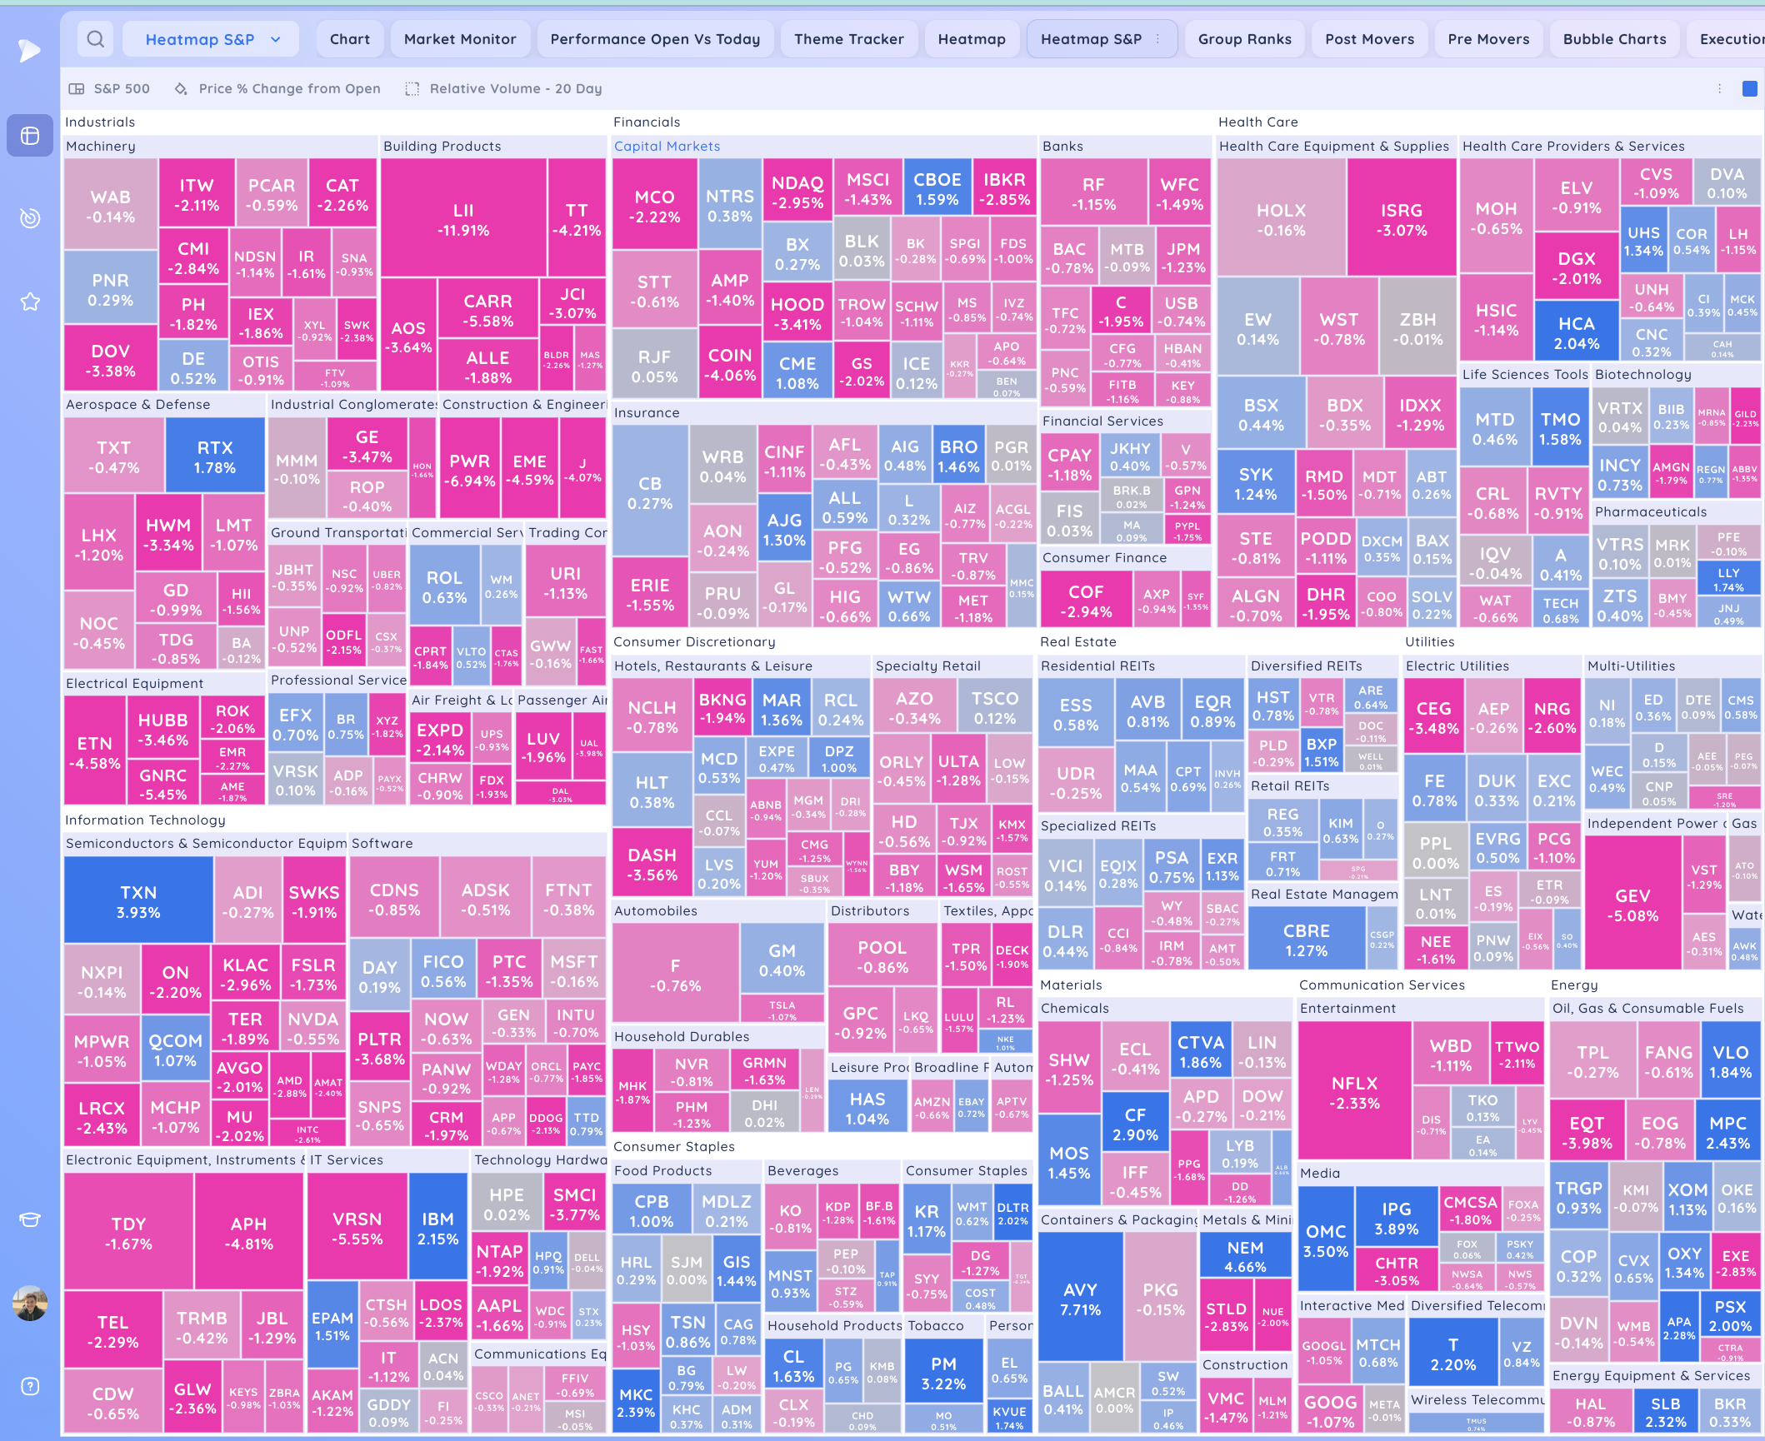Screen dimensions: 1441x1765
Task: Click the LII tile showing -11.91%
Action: pos(463,220)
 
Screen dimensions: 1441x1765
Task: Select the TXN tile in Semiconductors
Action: pos(138,902)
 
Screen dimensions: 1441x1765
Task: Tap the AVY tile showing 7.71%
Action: pos(1080,1299)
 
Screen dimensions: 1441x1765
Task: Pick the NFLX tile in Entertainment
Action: pos(1355,1093)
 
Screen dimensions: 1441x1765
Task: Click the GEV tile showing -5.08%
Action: pos(1632,905)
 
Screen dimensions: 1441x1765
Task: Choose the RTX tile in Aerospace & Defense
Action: pos(215,457)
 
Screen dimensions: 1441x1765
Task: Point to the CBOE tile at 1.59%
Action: pos(937,189)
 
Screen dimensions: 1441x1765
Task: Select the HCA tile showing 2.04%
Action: pos(1577,333)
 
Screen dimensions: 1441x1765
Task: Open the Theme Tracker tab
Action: pos(848,39)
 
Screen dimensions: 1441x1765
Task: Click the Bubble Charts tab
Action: pos(1614,39)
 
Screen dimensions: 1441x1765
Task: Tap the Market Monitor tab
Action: pos(460,39)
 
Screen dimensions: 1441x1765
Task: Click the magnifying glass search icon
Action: pos(96,39)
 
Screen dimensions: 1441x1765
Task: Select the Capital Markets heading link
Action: pos(667,146)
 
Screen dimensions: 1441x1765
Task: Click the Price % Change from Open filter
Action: pos(289,88)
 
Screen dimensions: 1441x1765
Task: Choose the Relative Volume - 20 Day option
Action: pos(515,88)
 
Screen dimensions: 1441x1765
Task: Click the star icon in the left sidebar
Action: pos(30,302)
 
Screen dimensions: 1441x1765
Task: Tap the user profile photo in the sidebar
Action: pos(30,1304)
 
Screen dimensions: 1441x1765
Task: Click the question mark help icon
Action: pos(30,1386)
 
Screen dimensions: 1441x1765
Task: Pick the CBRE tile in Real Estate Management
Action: pos(1306,940)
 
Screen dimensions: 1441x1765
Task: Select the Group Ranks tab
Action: pos(1244,39)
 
